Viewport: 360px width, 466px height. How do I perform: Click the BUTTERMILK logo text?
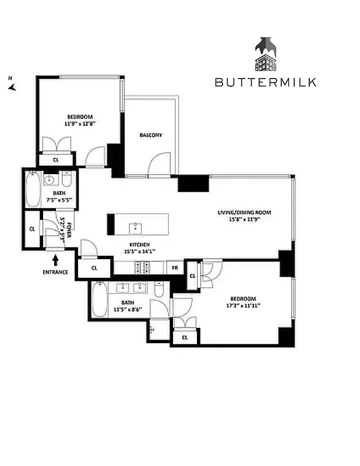click(x=266, y=82)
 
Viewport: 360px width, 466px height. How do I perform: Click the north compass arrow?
click(x=12, y=87)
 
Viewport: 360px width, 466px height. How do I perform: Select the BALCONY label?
click(x=151, y=135)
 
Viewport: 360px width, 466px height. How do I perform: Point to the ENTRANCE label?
click(x=55, y=272)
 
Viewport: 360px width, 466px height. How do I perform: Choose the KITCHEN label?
click(x=140, y=245)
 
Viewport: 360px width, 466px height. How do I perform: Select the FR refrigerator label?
click(x=174, y=268)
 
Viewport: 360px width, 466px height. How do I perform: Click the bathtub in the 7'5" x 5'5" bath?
click(x=32, y=189)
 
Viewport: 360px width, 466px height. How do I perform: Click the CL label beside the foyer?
click(x=32, y=229)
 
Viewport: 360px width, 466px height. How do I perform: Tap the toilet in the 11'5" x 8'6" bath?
click(x=158, y=290)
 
